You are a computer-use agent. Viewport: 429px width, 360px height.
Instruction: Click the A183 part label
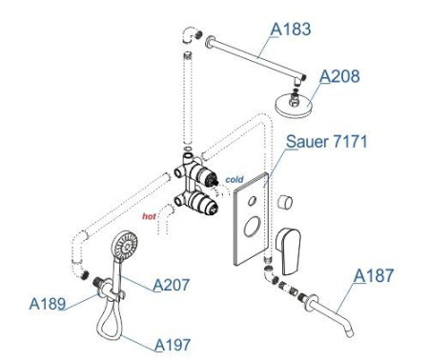291,30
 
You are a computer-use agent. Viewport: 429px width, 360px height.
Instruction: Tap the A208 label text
339,76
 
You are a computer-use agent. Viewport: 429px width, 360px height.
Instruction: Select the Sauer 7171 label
327,141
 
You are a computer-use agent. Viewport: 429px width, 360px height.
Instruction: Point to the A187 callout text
374,275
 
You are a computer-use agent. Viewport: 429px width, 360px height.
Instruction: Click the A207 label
172,285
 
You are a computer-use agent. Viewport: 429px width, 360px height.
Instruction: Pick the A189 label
48,304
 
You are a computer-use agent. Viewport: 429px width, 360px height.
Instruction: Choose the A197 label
173,345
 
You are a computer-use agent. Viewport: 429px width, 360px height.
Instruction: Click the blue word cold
235,180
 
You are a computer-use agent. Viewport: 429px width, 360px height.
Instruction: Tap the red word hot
149,216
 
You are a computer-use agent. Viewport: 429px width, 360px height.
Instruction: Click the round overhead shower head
294,105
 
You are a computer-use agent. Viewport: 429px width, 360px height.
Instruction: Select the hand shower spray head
126,245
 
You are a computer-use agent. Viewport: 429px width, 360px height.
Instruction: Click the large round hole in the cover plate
252,227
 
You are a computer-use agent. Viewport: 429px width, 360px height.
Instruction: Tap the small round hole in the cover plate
252,201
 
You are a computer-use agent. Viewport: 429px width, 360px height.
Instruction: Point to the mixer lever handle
288,250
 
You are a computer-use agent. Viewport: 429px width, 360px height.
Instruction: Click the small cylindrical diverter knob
285,202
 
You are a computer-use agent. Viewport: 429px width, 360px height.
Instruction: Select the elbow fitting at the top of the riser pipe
189,34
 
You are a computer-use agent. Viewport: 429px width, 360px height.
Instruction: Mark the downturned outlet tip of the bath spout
350,332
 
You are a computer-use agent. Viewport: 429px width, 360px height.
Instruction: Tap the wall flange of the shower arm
209,42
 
